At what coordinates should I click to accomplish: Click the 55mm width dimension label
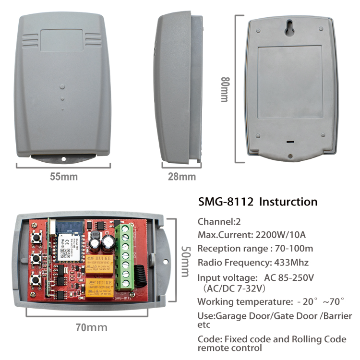[x=63, y=176]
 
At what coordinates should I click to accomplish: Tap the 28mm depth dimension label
[x=181, y=176]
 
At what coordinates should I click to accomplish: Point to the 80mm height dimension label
[x=224, y=89]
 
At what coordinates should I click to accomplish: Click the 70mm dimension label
[x=91, y=327]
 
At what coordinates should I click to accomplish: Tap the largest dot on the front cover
[x=62, y=87]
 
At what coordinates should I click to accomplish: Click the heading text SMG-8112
[x=226, y=202]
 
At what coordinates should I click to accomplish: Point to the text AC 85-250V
[x=289, y=278]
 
